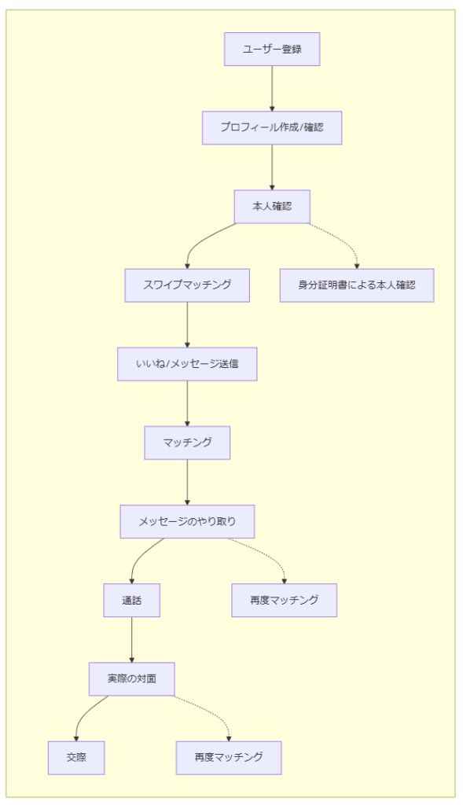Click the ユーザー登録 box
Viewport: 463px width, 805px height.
pos(272,50)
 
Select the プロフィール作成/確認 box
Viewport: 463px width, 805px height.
pos(272,127)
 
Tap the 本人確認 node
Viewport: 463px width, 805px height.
pos(272,206)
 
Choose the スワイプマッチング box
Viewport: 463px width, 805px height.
pos(187,285)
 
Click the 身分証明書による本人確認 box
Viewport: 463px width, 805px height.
pos(356,285)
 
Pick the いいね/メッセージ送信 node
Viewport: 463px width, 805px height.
pos(187,364)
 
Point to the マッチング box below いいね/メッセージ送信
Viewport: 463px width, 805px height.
pos(187,443)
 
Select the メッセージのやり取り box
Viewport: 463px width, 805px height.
pos(187,521)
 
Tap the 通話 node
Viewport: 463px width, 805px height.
pos(131,601)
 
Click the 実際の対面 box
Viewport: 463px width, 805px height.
pos(131,678)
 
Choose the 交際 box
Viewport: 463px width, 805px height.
pos(76,758)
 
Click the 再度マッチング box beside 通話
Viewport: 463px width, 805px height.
pos(284,601)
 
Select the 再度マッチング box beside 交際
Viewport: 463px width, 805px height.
pos(228,758)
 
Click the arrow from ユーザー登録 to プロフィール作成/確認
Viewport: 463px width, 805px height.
pos(272,88)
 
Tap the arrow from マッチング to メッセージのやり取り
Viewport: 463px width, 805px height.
pos(187,482)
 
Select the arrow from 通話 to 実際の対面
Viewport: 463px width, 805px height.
pos(131,639)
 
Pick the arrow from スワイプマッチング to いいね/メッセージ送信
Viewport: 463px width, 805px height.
pos(187,325)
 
